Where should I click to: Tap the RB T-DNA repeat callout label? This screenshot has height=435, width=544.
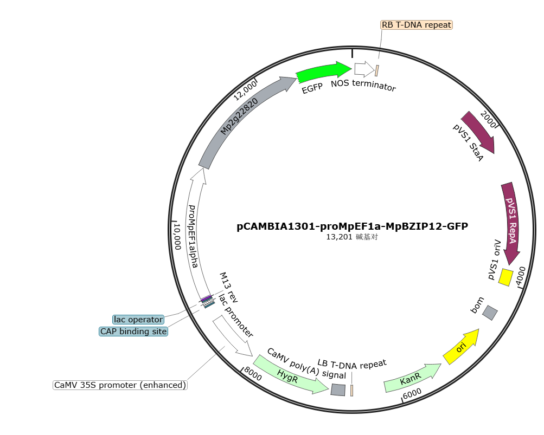[x=417, y=25]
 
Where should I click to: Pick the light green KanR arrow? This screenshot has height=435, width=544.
[x=412, y=378]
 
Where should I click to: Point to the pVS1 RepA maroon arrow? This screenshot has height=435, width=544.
[x=511, y=222]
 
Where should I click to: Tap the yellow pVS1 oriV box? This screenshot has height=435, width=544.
[x=505, y=277]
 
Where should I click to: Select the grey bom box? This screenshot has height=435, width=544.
[x=490, y=313]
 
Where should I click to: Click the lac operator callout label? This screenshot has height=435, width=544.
[x=138, y=319]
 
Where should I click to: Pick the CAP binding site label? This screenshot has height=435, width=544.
[x=133, y=332]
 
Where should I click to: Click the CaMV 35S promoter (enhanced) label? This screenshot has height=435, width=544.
[x=120, y=385]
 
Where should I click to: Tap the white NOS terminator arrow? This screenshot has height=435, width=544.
[x=364, y=69]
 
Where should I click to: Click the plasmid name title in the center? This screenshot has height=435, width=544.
[x=352, y=226]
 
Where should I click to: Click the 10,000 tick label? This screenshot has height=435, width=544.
[x=177, y=236]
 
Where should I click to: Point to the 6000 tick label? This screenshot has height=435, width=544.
[x=412, y=393]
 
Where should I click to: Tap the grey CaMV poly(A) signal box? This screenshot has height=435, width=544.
[x=338, y=389]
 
